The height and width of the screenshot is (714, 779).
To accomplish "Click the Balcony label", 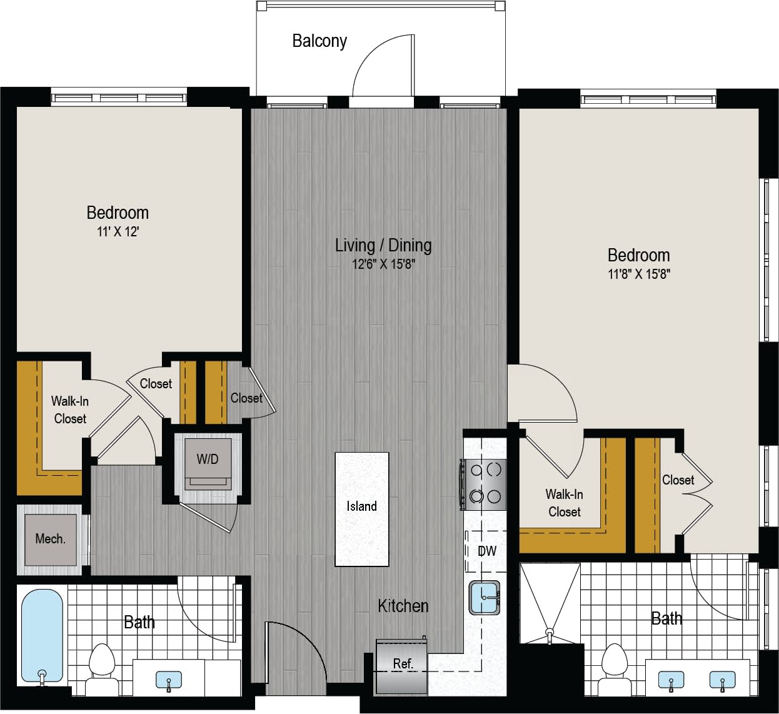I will click(319, 41).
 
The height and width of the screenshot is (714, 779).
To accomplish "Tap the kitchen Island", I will click(361, 509).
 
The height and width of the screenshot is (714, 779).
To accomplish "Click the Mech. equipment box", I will click(51, 539).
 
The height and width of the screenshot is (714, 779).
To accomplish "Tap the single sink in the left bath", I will click(168, 680).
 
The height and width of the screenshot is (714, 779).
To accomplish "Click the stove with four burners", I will click(485, 483).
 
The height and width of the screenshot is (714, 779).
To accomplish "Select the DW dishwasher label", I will click(486, 551).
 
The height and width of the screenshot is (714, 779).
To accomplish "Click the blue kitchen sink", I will click(485, 597).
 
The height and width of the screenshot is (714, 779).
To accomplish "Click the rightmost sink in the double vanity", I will click(722, 680).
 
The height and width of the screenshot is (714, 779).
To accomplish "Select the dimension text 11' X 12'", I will click(118, 232).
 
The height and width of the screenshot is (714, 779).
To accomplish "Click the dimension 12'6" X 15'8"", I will click(383, 264).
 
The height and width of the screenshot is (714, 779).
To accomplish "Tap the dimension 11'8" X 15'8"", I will click(638, 274).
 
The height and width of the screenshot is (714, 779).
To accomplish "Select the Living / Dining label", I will click(383, 245).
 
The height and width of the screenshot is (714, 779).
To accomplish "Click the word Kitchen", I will click(403, 606).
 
